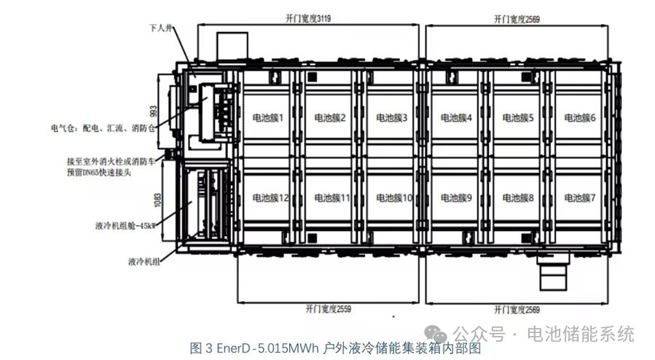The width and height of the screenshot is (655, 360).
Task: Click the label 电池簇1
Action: click(267, 117)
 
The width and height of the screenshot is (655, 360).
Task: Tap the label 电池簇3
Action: click(392, 117)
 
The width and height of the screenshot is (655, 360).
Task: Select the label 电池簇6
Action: click(580, 117)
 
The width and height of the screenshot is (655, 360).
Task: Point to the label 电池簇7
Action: click(580, 197)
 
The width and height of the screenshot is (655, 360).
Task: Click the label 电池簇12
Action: click(270, 197)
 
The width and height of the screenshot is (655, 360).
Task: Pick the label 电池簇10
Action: click(394, 197)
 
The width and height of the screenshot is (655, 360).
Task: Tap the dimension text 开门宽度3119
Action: click(309, 18)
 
